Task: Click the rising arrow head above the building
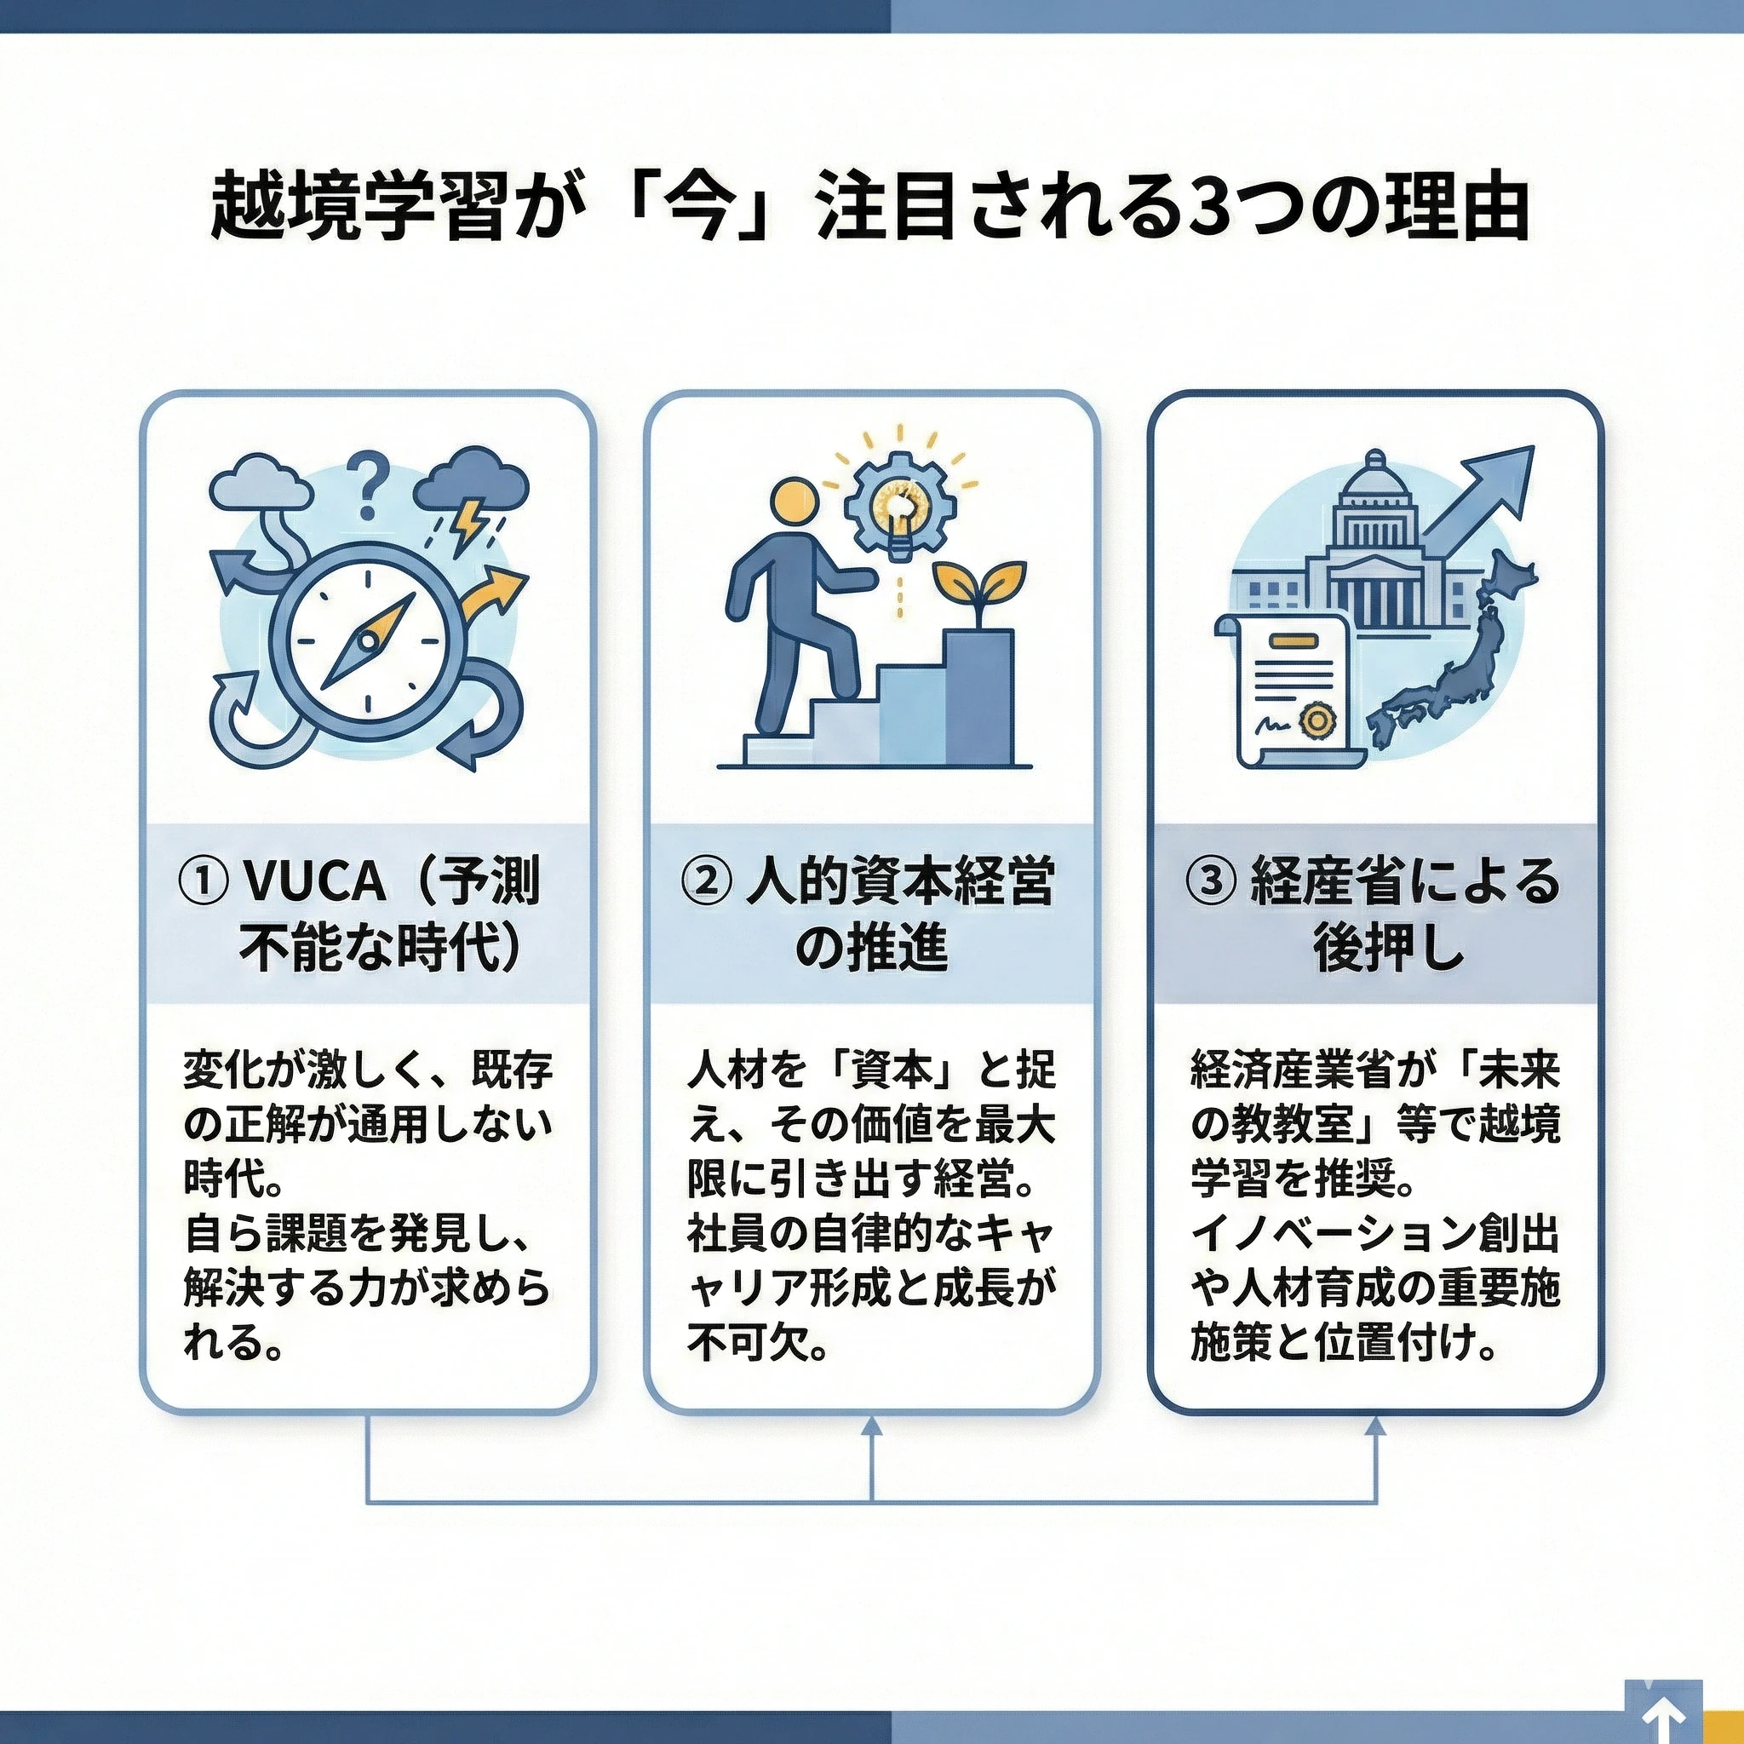pyautogui.click(x=1506, y=474)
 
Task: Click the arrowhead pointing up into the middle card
pyautogui.click(x=872, y=1427)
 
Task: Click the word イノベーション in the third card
pyautogui.click(x=1327, y=1236)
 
